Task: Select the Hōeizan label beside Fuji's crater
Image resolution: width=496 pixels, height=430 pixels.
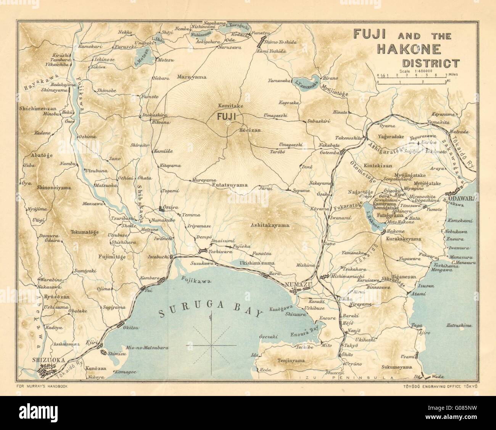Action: [x=250, y=130]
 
